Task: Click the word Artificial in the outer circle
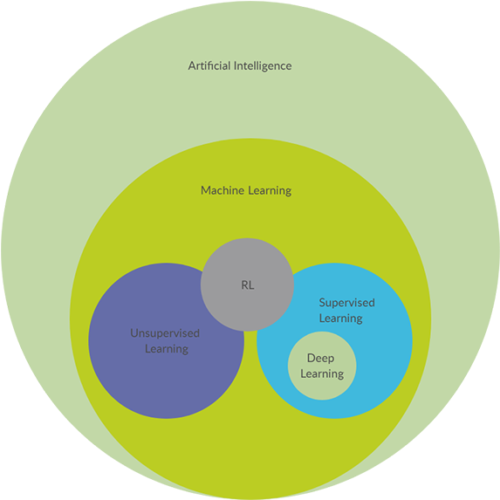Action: tap(209, 65)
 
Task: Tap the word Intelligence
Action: tap(261, 65)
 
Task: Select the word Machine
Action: tap(223, 190)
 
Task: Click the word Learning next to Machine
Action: tap(269, 190)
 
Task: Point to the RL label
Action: tap(248, 284)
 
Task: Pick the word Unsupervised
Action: tap(165, 333)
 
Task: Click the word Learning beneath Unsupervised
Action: tap(166, 348)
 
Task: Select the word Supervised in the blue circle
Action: tap(346, 303)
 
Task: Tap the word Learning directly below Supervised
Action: tap(340, 318)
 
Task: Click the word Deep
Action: tap(320, 359)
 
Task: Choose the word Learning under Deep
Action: tap(322, 373)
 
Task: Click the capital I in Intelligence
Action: tap(233, 65)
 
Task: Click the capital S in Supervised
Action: tap(322, 303)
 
